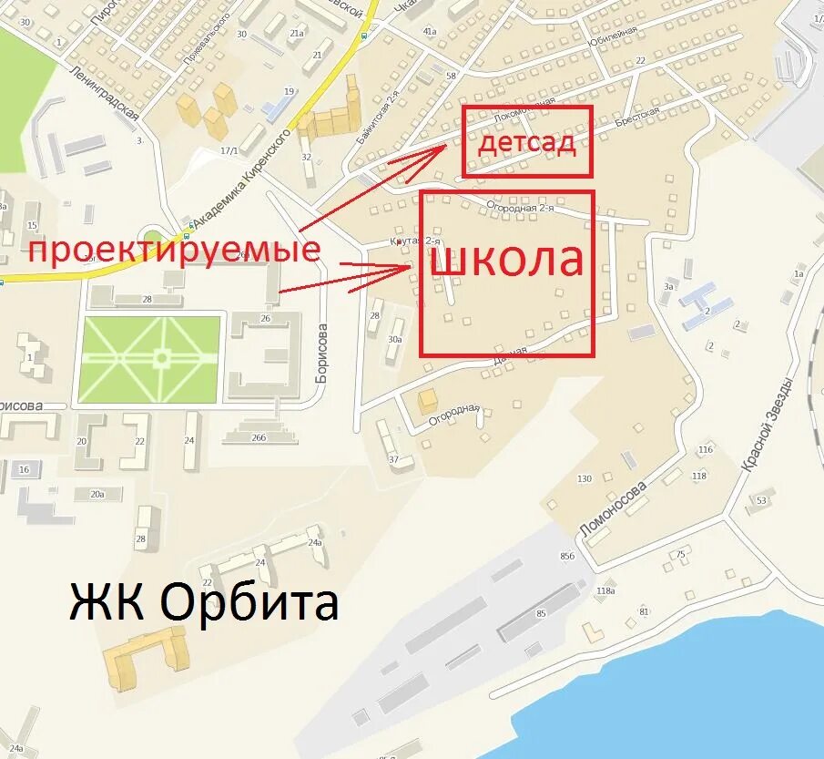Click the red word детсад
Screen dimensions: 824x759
point(527,143)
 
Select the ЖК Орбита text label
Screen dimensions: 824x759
point(204,602)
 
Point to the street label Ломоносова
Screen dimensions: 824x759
point(614,507)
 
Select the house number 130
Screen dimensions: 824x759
point(584,479)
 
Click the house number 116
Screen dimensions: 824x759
point(705,450)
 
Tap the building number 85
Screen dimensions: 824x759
point(541,613)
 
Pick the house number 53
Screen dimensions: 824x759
point(761,499)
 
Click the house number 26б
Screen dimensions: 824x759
point(259,437)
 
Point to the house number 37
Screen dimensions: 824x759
point(394,459)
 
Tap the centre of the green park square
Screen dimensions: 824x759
point(151,359)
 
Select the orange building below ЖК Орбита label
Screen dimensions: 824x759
point(146,657)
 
